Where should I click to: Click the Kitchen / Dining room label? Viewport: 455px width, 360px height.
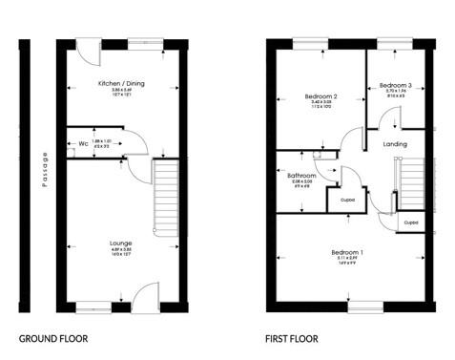click(120, 83)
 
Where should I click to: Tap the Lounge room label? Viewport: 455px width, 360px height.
click(120, 244)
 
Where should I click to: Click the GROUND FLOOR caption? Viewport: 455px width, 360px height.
click(54, 338)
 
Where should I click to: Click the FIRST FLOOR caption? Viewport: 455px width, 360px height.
click(293, 338)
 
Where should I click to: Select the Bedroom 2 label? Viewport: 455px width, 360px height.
click(321, 96)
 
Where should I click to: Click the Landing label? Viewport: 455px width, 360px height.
click(394, 144)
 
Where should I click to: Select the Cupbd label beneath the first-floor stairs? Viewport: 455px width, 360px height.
click(410, 222)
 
